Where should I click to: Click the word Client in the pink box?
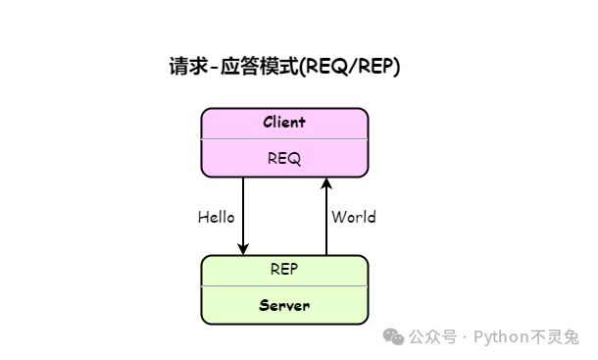click(x=284, y=123)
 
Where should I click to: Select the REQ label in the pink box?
click(x=284, y=157)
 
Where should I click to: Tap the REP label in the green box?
click(x=284, y=269)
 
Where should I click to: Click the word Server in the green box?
click(x=284, y=305)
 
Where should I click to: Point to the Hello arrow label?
click(x=216, y=217)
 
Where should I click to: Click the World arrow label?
click(x=353, y=217)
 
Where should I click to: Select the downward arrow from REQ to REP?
click(x=243, y=211)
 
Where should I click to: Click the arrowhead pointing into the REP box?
click(x=243, y=248)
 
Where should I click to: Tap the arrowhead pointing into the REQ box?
click(x=326, y=183)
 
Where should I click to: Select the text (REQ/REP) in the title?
click(x=348, y=67)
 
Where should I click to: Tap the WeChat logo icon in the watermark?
click(x=393, y=336)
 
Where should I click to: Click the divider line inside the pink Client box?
click(x=284, y=140)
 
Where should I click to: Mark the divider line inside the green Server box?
click(x=284, y=287)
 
